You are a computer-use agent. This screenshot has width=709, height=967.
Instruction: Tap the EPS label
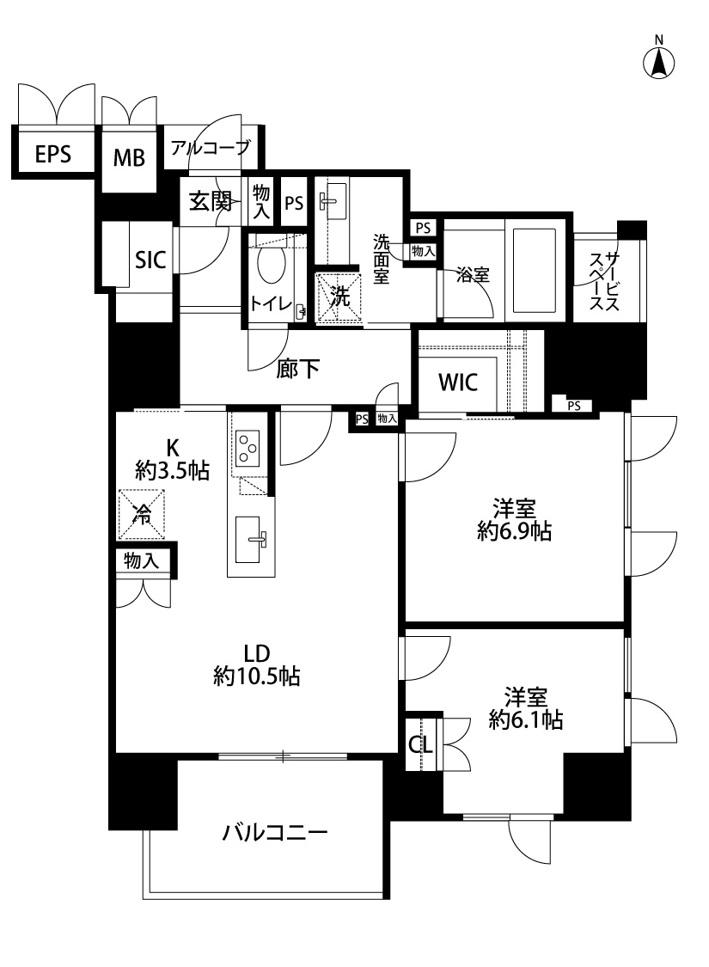coord(53,154)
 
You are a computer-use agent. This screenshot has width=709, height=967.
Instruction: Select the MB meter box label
coord(129,158)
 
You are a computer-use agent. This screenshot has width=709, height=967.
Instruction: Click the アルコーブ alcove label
coord(211,147)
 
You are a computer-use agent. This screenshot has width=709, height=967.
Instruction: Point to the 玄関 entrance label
coord(211,201)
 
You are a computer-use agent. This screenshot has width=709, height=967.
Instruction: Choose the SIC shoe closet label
coord(150,260)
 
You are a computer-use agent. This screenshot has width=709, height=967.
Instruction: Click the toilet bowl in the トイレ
coord(271,264)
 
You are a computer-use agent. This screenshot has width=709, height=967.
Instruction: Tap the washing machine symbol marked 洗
coord(339,298)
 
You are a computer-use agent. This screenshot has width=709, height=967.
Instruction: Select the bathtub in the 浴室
coord(534,269)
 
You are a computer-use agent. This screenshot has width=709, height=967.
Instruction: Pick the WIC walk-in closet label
coord(458,383)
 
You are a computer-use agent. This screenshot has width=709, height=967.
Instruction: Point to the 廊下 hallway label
coord(297,369)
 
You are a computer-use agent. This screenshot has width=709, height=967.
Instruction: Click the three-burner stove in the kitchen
coord(248,448)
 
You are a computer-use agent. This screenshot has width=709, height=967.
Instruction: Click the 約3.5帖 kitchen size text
coord(173,471)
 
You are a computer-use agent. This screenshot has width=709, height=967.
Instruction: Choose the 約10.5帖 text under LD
coord(256,676)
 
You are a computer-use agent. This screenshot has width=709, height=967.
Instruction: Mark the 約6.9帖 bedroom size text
coord(514,531)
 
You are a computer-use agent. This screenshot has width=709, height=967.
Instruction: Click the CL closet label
coord(421,745)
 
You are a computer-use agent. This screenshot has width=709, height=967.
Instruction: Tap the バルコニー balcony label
coord(275,833)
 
